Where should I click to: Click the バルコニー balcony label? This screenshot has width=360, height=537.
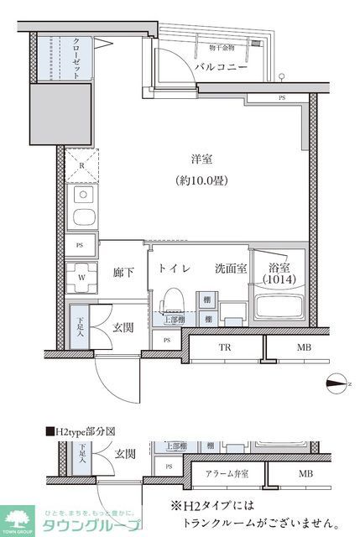point(222,66)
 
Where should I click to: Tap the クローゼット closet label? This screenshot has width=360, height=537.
point(76,58)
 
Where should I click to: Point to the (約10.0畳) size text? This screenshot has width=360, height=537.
point(202,180)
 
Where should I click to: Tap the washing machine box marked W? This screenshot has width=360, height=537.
point(81,275)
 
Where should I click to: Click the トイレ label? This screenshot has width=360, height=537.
point(175,268)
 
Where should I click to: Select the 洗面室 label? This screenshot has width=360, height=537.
point(228,268)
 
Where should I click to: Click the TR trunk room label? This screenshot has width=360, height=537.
point(225,347)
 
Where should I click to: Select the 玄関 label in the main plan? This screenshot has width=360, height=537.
point(125,326)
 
